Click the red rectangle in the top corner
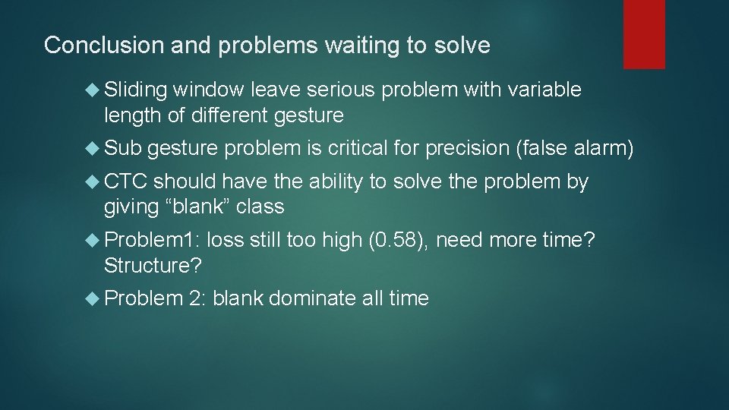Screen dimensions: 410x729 pyautogui.click(x=644, y=34)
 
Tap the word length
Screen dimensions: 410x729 pyautogui.click(x=128, y=115)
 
